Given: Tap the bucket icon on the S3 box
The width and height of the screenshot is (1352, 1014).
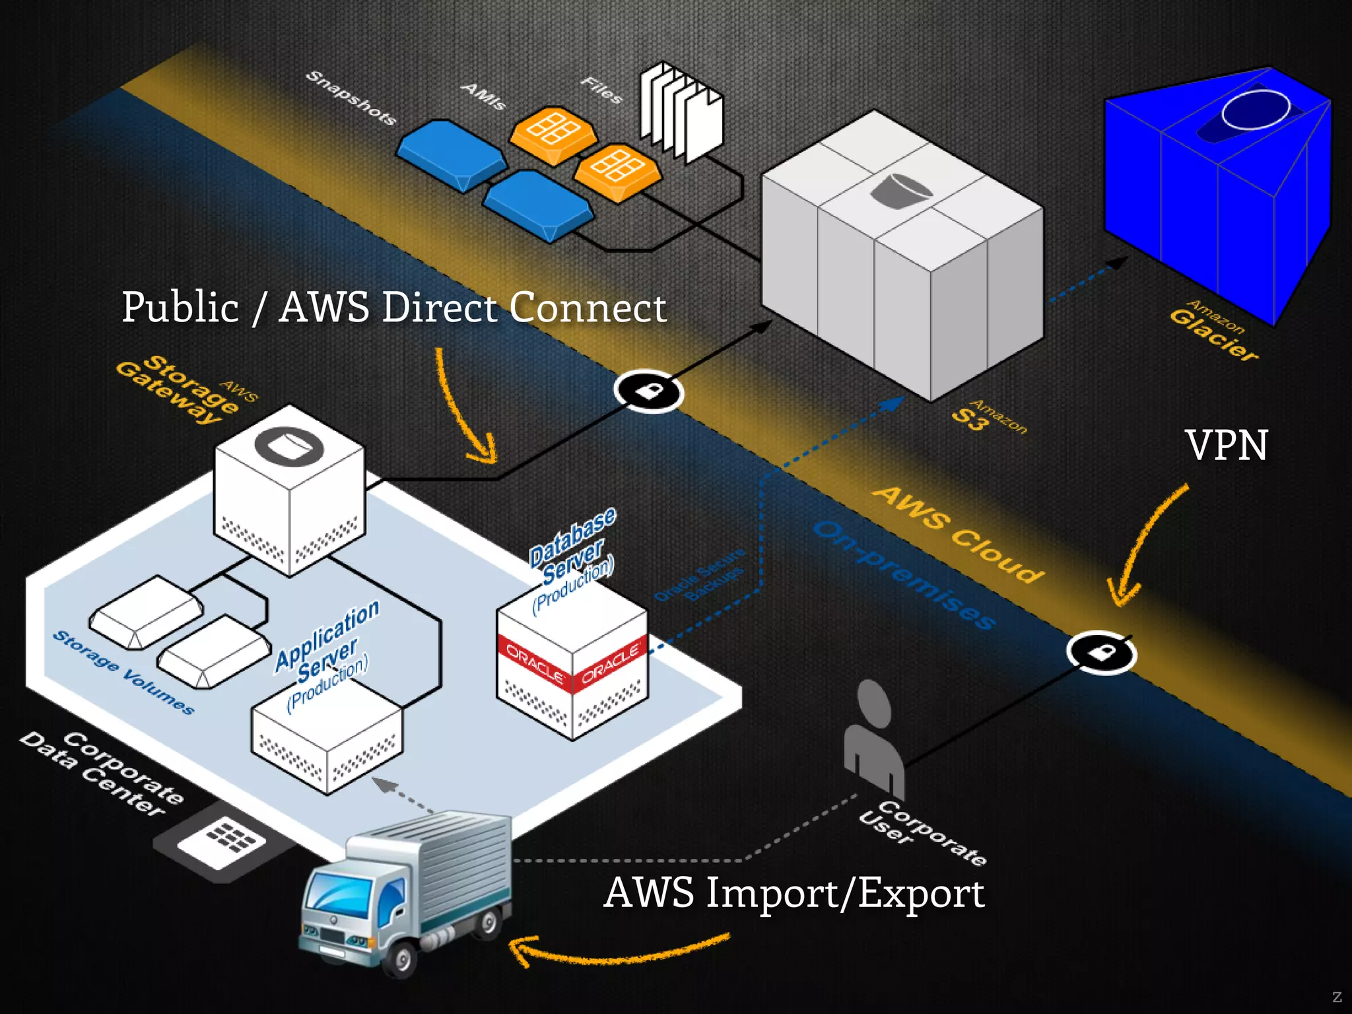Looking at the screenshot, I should [x=901, y=191].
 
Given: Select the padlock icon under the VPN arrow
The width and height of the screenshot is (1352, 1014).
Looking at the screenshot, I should [x=1101, y=653].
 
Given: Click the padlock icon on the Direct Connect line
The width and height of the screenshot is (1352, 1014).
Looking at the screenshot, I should [x=648, y=391].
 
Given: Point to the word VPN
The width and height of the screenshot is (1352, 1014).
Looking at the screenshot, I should [x=1226, y=446].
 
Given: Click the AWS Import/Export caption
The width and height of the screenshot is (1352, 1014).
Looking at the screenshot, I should [x=794, y=893].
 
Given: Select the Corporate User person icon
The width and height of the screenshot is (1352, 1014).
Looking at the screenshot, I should [x=873, y=739].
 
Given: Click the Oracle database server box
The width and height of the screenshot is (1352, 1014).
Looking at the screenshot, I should [x=572, y=667].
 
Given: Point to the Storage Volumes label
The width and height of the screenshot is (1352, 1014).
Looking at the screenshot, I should [x=123, y=672].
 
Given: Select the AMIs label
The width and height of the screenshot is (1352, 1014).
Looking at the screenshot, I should [x=483, y=96].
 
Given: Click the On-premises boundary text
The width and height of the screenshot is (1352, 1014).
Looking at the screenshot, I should [x=904, y=574].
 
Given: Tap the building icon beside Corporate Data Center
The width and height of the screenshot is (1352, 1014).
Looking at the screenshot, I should [x=222, y=840].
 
